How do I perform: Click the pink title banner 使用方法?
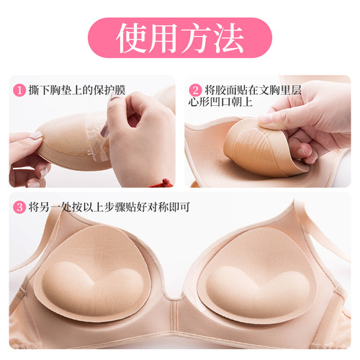pyautogui.click(x=179, y=37)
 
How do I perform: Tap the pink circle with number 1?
pyautogui.click(x=18, y=91)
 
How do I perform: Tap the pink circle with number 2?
pyautogui.click(x=194, y=91)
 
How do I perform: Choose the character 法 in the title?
pyautogui.click(x=229, y=37)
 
